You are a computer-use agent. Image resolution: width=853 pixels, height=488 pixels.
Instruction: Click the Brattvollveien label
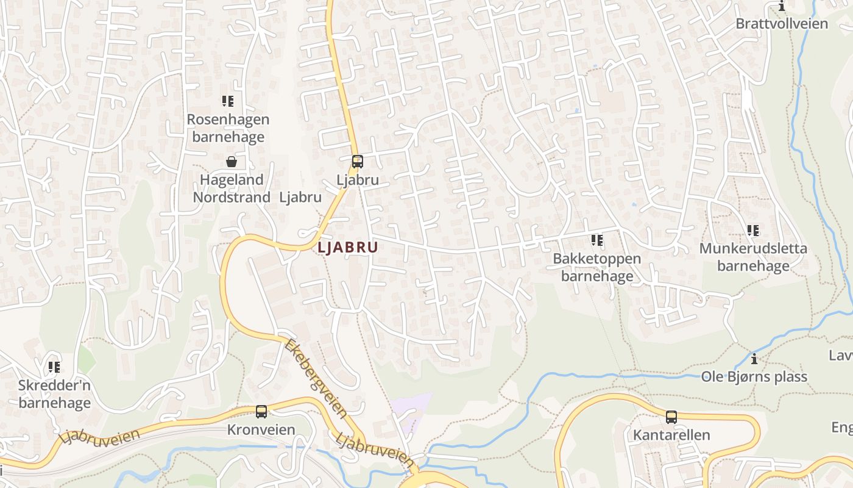[x=782, y=24]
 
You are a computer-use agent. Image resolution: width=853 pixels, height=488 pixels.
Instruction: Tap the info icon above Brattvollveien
[x=782, y=6]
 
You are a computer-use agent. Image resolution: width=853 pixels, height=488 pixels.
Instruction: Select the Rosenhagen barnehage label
[x=228, y=127]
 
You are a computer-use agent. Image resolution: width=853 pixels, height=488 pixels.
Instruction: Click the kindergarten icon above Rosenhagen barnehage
[x=228, y=101]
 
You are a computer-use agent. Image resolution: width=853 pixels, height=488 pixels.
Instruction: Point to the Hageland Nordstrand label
[x=232, y=188]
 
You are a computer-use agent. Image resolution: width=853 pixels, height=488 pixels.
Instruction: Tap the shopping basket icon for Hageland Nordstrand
[x=232, y=162]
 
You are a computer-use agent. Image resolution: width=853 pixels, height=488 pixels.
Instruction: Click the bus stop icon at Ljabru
[x=358, y=162]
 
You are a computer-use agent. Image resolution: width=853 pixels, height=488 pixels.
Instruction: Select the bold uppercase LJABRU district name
[x=347, y=248]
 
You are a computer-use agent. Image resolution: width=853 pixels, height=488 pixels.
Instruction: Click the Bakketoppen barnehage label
[x=596, y=267]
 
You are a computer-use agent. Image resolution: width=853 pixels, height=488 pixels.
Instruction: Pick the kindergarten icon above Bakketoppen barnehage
[x=597, y=240]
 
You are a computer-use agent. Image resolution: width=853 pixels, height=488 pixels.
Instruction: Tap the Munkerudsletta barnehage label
[x=753, y=257]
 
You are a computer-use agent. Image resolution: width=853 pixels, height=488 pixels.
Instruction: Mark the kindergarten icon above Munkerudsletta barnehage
[x=753, y=231]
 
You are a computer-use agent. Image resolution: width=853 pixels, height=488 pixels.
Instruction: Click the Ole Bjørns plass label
[x=754, y=376]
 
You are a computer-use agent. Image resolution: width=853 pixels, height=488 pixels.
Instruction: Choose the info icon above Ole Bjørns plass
[x=754, y=359]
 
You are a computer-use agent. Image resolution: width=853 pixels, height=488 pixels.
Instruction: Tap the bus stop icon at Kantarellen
[x=671, y=417]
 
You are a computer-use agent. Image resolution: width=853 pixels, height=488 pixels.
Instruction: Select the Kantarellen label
[x=671, y=435]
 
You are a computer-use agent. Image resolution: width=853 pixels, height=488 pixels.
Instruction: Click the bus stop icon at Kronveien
[x=261, y=412]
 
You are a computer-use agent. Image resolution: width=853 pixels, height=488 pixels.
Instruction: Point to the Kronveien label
[x=261, y=429]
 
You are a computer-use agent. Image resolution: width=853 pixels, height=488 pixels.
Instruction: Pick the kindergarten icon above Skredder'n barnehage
[x=54, y=367]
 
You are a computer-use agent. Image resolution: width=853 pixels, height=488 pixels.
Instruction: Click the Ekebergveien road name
[x=316, y=378]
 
